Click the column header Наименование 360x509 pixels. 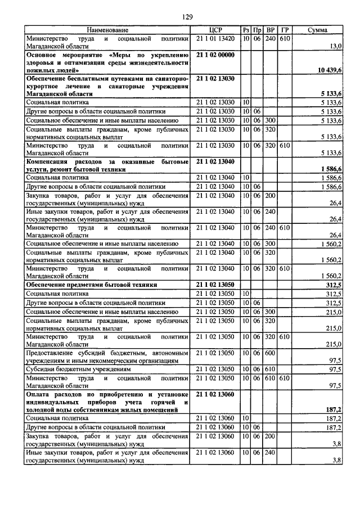click(x=107, y=30)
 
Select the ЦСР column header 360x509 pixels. click(x=216, y=30)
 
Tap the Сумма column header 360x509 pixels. click(x=318, y=30)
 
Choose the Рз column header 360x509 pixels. click(x=246, y=30)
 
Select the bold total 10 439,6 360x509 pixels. click(x=330, y=70)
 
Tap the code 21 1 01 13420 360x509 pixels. click(x=215, y=38)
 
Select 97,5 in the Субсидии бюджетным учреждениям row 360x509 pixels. click(x=335, y=370)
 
